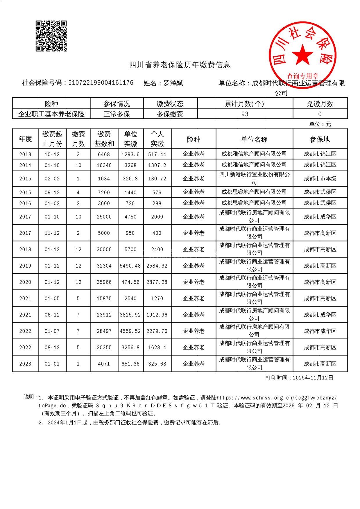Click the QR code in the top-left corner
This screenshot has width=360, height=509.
(x=51, y=36)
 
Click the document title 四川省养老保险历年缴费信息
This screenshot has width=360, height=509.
(x=180, y=65)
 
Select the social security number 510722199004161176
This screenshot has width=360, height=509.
(x=101, y=83)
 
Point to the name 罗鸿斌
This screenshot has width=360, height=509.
(x=173, y=83)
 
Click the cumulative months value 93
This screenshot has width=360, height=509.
(x=245, y=114)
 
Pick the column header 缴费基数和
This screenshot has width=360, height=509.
(x=104, y=139)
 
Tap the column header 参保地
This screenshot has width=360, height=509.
(x=320, y=139)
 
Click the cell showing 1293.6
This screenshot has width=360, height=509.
(x=130, y=154)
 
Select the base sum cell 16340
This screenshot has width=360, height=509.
(x=104, y=165)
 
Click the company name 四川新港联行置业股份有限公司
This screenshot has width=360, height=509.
(x=254, y=178)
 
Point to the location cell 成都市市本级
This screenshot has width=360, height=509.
(x=320, y=178)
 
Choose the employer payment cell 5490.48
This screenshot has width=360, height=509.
(x=130, y=266)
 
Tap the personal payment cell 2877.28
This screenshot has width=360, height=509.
(x=157, y=282)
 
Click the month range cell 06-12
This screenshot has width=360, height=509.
(x=52, y=315)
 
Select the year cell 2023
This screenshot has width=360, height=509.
(x=25, y=364)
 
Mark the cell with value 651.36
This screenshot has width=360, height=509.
(x=130, y=364)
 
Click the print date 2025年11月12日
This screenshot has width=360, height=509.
(x=313, y=378)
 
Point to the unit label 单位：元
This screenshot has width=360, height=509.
(x=320, y=124)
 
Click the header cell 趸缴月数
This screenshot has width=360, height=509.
(x=320, y=104)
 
